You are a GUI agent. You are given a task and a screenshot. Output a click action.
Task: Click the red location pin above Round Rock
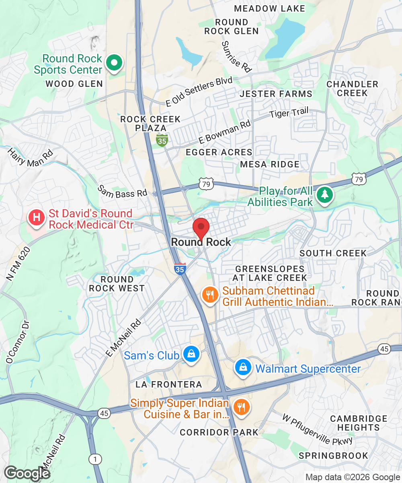pos(201,228)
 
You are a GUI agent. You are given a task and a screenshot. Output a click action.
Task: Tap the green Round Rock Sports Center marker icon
pos(114,64)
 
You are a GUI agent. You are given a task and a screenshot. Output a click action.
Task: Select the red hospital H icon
pos(36,218)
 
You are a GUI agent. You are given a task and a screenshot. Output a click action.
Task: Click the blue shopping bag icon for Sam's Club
pos(191,355)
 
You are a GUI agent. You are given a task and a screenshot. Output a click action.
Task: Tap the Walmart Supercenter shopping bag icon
pos(243,368)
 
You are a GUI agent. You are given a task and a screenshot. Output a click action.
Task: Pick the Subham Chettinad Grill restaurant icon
pos(209,295)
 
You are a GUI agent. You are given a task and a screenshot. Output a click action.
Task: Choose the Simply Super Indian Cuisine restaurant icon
pos(241,408)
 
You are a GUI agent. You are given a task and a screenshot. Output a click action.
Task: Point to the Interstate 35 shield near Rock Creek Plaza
pos(162,140)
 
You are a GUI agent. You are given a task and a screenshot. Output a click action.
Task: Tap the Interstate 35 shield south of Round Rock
pos(180,269)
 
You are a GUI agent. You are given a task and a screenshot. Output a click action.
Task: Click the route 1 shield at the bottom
pos(96,459)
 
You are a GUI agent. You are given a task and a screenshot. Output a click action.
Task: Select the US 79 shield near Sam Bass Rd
pos(205,184)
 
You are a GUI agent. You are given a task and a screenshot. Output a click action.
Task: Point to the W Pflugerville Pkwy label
pos(318,429)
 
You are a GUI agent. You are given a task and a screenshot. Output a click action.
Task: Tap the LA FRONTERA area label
pos(169,385)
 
